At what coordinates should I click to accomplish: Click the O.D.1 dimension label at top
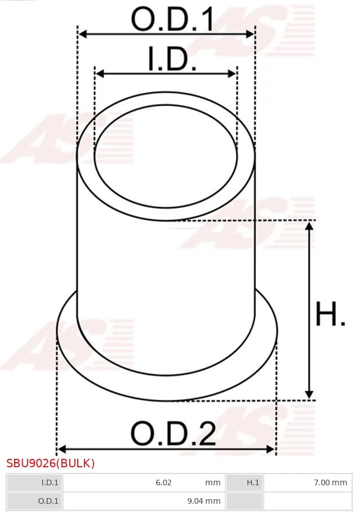pyautogui.click(x=172, y=19)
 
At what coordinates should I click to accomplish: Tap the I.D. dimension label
pyautogui.click(x=172, y=59)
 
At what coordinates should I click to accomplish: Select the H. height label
pyautogui.click(x=330, y=314)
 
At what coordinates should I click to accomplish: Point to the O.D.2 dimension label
pyautogui.click(x=174, y=433)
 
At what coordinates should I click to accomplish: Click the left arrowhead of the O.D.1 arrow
pyautogui.click(x=83, y=34)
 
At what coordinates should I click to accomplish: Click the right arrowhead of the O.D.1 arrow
pyautogui.click(x=250, y=34)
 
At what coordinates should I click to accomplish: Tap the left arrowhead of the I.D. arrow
pyautogui.click(x=100, y=74)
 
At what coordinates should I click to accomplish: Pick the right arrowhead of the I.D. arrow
pyautogui.click(x=232, y=74)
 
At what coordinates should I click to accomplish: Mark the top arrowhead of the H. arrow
pyautogui.click(x=309, y=226)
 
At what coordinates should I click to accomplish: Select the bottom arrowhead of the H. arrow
pyautogui.click(x=309, y=394)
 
